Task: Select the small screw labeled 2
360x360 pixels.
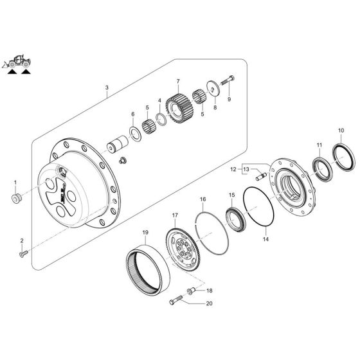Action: coord(23,256)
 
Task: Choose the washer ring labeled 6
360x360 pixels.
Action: coord(136,133)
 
